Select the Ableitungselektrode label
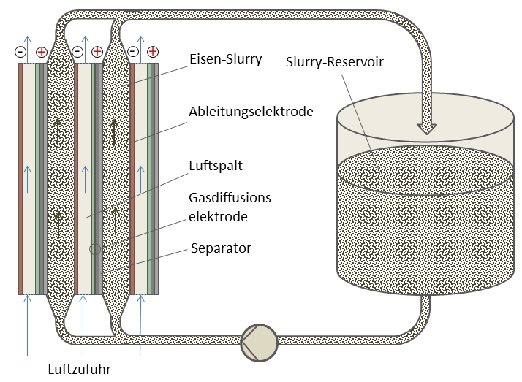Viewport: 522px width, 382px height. pyautogui.click(x=251, y=112)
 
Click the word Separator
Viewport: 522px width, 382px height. pyautogui.click(x=220, y=248)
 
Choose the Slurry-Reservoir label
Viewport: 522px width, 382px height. pyautogui.click(x=334, y=62)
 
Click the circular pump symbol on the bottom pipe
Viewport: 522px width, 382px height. pyautogui.click(x=258, y=340)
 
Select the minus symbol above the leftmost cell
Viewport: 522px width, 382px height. pyautogui.click(x=21, y=52)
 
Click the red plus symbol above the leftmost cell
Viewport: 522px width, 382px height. pyautogui.click(x=41, y=52)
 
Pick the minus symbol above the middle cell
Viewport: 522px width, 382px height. pyautogui.click(x=77, y=52)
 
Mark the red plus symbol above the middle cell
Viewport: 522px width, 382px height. pyautogui.click(x=97, y=52)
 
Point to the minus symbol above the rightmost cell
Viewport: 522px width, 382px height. pyautogui.click(x=132, y=52)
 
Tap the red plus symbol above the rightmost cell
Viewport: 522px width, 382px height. pyautogui.click(x=152, y=52)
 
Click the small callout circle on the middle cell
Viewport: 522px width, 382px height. pyautogui.click(x=95, y=249)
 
